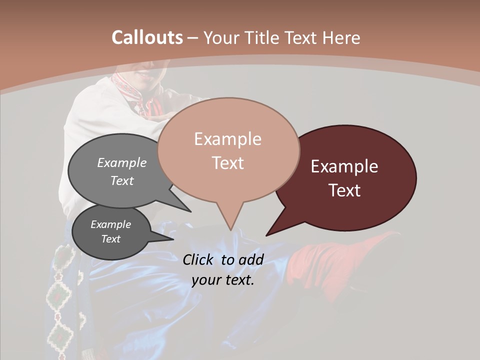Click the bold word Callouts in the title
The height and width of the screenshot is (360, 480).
(x=147, y=37)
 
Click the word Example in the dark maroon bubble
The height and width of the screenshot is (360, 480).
(x=344, y=166)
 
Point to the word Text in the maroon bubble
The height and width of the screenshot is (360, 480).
(x=344, y=190)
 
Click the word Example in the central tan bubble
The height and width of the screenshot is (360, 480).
(x=227, y=139)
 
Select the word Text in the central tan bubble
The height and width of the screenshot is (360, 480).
(x=227, y=163)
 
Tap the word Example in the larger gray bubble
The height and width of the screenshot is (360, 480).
(x=122, y=162)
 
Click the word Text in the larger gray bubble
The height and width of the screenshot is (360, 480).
(x=122, y=180)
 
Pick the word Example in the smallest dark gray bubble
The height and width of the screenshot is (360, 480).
(x=110, y=224)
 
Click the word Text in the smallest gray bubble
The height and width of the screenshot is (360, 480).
(x=110, y=239)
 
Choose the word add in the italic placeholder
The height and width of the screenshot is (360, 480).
(x=251, y=259)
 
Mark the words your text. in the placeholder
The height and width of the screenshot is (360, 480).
(x=223, y=280)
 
